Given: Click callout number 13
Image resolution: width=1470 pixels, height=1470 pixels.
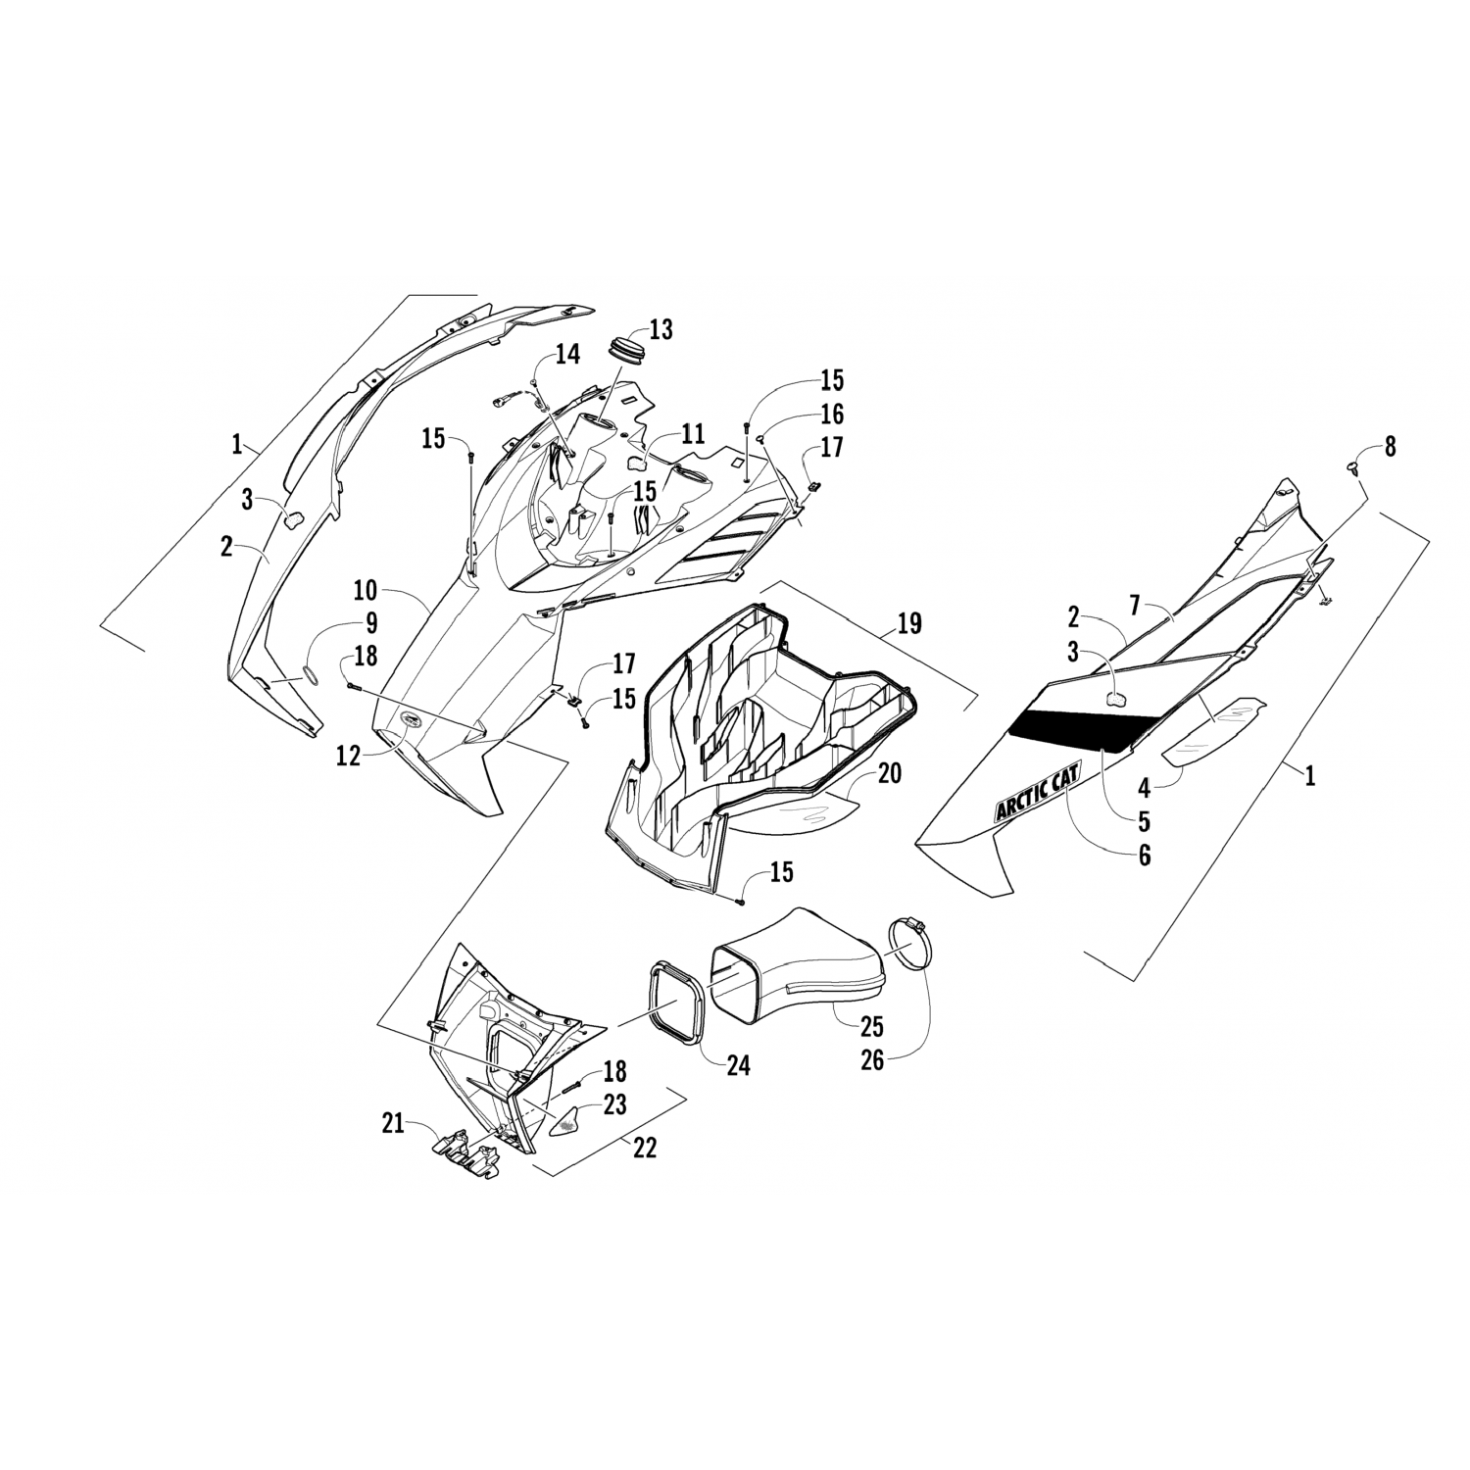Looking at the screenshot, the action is pos(661,330).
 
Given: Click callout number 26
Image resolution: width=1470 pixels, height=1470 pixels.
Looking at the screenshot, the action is pos(872,1059).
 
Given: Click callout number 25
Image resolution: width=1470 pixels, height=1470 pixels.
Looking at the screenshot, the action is pos(871,1026).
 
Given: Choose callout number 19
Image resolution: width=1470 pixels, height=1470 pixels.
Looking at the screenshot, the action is pos(909,624).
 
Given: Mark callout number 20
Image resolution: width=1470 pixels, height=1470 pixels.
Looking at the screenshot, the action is pos(889,773).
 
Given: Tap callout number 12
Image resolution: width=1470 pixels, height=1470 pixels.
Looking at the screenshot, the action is pos(349,755).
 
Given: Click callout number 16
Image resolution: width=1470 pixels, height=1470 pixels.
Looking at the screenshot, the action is pos(831,414).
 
